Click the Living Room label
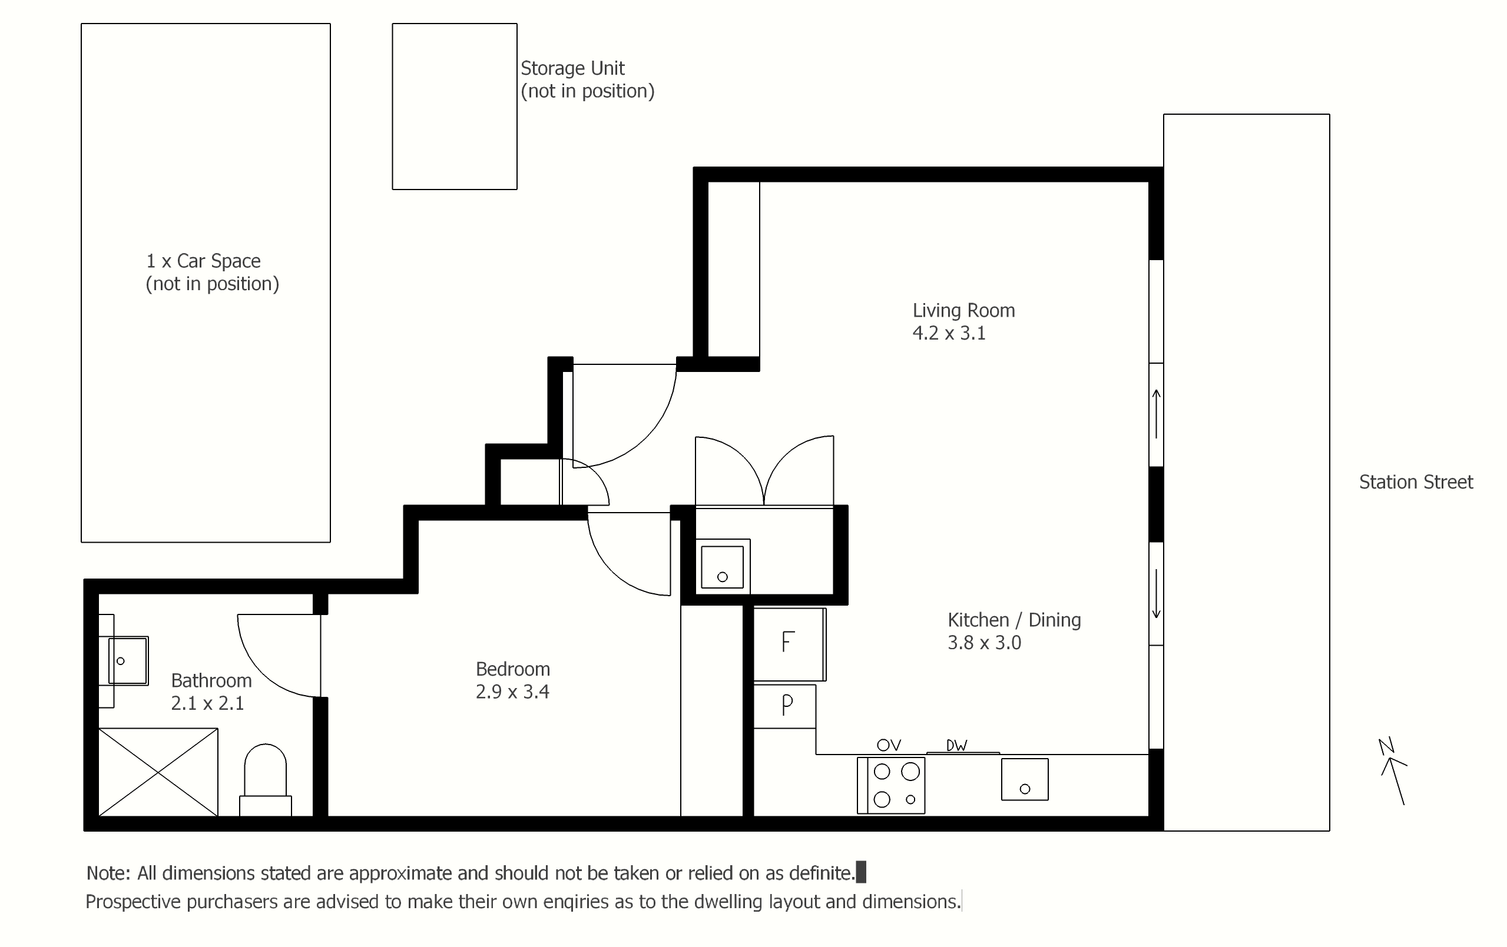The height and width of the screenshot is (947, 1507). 963,310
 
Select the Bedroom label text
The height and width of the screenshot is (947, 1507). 512,669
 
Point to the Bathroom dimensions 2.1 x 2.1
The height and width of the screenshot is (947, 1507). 207,703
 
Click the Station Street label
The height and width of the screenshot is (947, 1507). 1416,481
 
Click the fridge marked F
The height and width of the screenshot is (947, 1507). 789,644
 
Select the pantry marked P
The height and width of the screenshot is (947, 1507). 784,706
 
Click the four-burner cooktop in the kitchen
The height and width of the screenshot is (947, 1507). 890,785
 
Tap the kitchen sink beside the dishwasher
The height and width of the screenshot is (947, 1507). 1025,779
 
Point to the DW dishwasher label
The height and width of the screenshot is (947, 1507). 956,745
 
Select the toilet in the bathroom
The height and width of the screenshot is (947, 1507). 266,779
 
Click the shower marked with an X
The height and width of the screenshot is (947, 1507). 158,772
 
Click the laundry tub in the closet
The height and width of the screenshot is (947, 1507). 722,567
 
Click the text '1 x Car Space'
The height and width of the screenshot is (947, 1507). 203,261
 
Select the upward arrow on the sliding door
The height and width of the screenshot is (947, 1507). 1157,414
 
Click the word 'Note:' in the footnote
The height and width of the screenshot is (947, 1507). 108,873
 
